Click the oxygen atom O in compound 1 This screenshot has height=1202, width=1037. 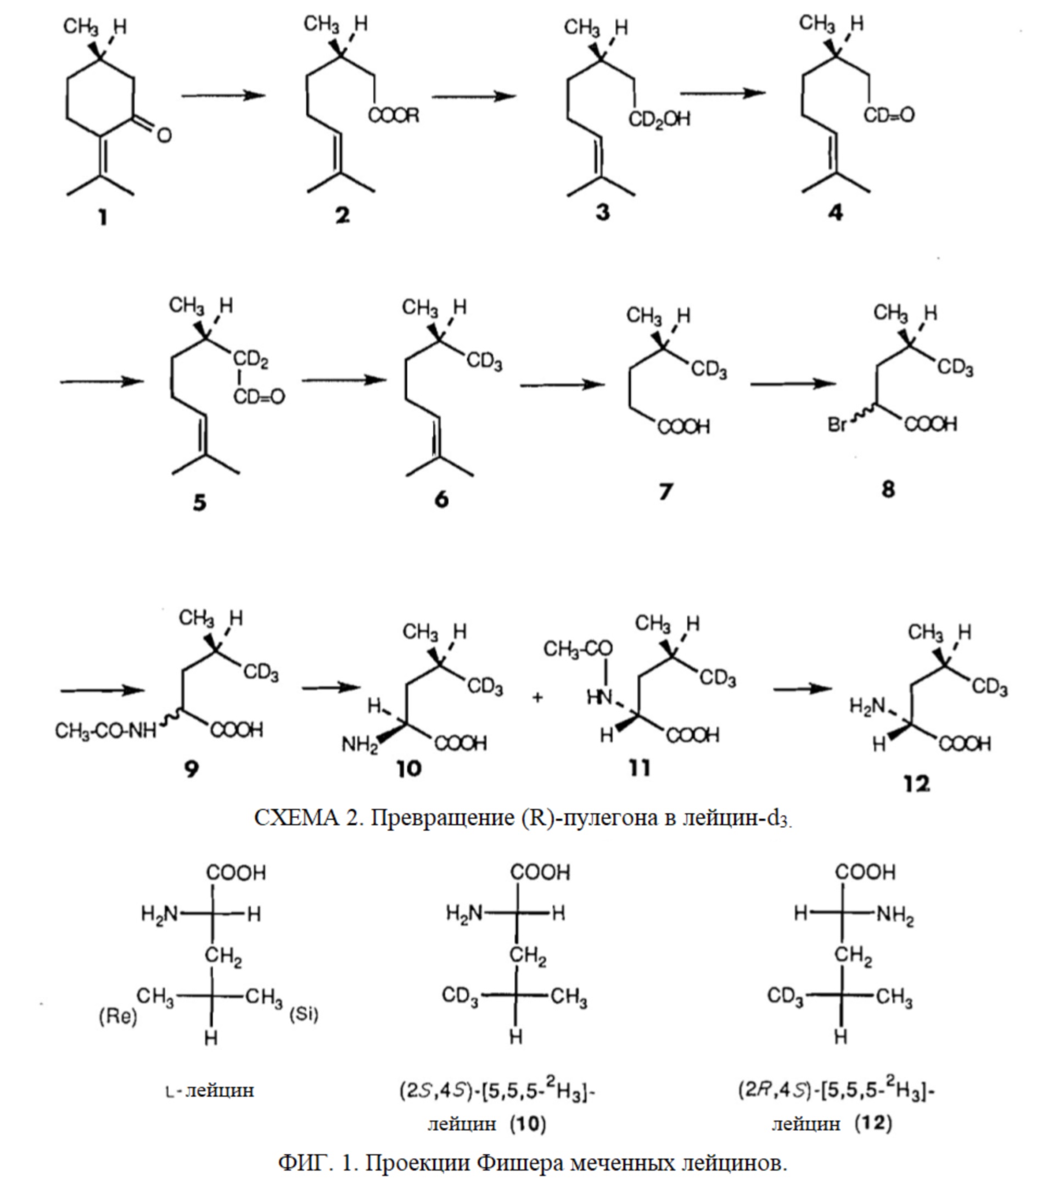(x=164, y=136)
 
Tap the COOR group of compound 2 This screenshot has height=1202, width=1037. (x=393, y=116)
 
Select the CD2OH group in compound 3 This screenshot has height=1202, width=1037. (x=659, y=120)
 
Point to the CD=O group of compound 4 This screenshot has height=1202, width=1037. (x=889, y=115)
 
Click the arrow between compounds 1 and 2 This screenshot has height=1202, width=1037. (x=223, y=96)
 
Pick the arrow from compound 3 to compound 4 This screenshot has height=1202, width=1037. (x=722, y=93)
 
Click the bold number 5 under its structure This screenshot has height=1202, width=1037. (x=199, y=502)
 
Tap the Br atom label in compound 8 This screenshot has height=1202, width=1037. (x=838, y=425)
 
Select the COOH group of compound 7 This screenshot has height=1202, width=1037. (x=683, y=428)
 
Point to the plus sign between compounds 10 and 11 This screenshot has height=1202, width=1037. (x=537, y=698)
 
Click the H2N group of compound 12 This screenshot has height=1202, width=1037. (x=867, y=707)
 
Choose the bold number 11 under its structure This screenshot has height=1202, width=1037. (x=639, y=769)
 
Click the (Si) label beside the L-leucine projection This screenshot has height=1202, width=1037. (x=304, y=1014)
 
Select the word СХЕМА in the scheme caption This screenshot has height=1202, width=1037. (x=296, y=818)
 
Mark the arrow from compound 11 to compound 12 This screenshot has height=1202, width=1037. (x=803, y=689)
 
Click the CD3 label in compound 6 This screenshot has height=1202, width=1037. (x=484, y=362)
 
